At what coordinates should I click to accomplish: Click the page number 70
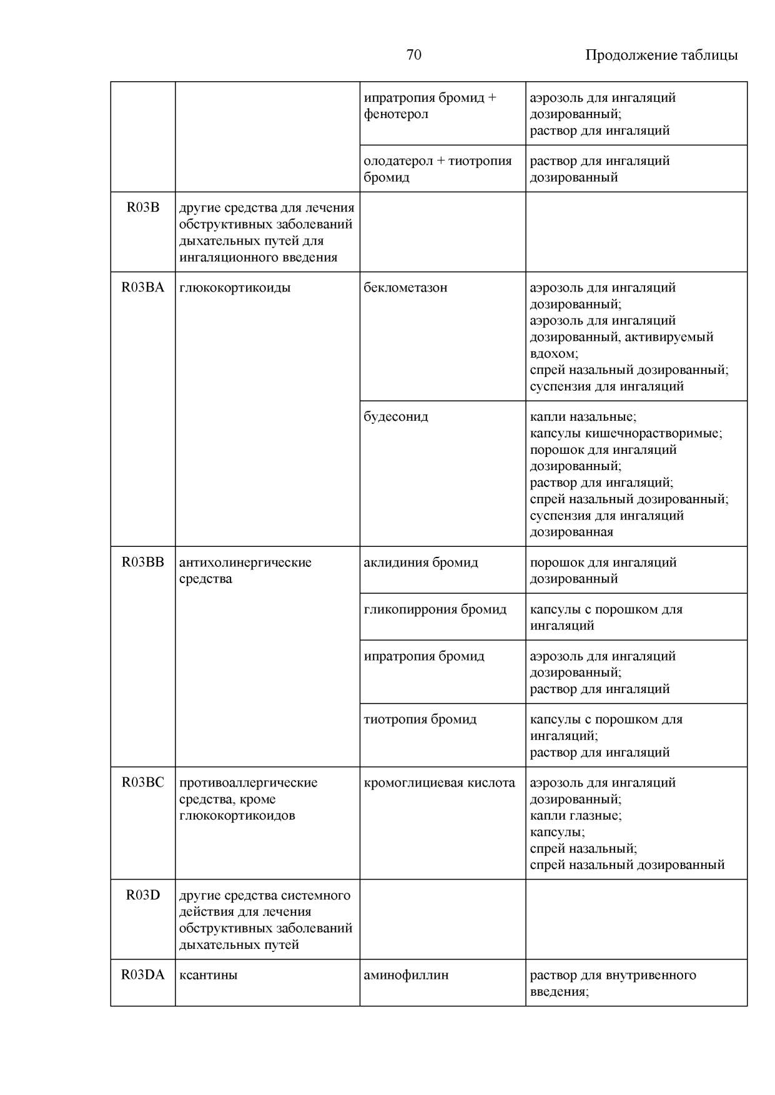[x=413, y=55]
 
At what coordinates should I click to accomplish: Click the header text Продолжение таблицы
[x=661, y=55]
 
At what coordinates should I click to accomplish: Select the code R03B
[x=143, y=208]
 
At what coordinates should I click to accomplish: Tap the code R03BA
[x=143, y=288]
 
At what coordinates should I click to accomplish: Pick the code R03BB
[x=143, y=562]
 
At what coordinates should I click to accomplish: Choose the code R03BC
[x=143, y=783]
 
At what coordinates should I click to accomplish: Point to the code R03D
[x=143, y=895]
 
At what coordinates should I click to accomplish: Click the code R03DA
[x=143, y=975]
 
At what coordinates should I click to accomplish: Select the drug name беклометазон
[x=405, y=288]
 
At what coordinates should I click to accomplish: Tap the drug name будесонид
[x=396, y=416]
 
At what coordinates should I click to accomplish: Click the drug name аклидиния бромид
[x=421, y=562]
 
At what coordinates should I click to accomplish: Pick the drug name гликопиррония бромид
[x=435, y=609]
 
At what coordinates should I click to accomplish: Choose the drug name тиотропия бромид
[x=420, y=719]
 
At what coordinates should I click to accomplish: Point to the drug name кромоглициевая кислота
[x=440, y=783]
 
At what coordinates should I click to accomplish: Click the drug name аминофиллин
[x=406, y=975]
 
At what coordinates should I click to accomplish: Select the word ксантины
[x=208, y=975]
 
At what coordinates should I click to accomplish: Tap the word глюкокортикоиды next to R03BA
[x=235, y=288]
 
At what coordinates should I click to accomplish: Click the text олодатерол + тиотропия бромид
[x=437, y=169]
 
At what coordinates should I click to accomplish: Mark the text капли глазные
[x=575, y=816]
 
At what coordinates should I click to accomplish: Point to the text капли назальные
[x=582, y=416]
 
